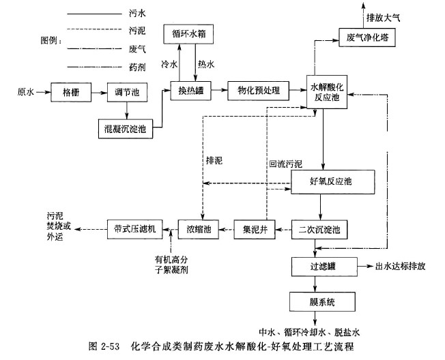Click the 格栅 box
pyautogui.click(x=71, y=91)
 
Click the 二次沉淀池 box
pyautogui.click(x=320, y=230)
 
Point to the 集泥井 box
pyautogui.click(x=254, y=230)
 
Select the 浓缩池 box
pyautogui.click(x=199, y=230)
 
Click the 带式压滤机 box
pyautogui.click(x=134, y=230)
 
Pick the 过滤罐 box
pyautogui.click(x=313, y=266)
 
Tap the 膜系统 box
pyautogui.click(x=313, y=300)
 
